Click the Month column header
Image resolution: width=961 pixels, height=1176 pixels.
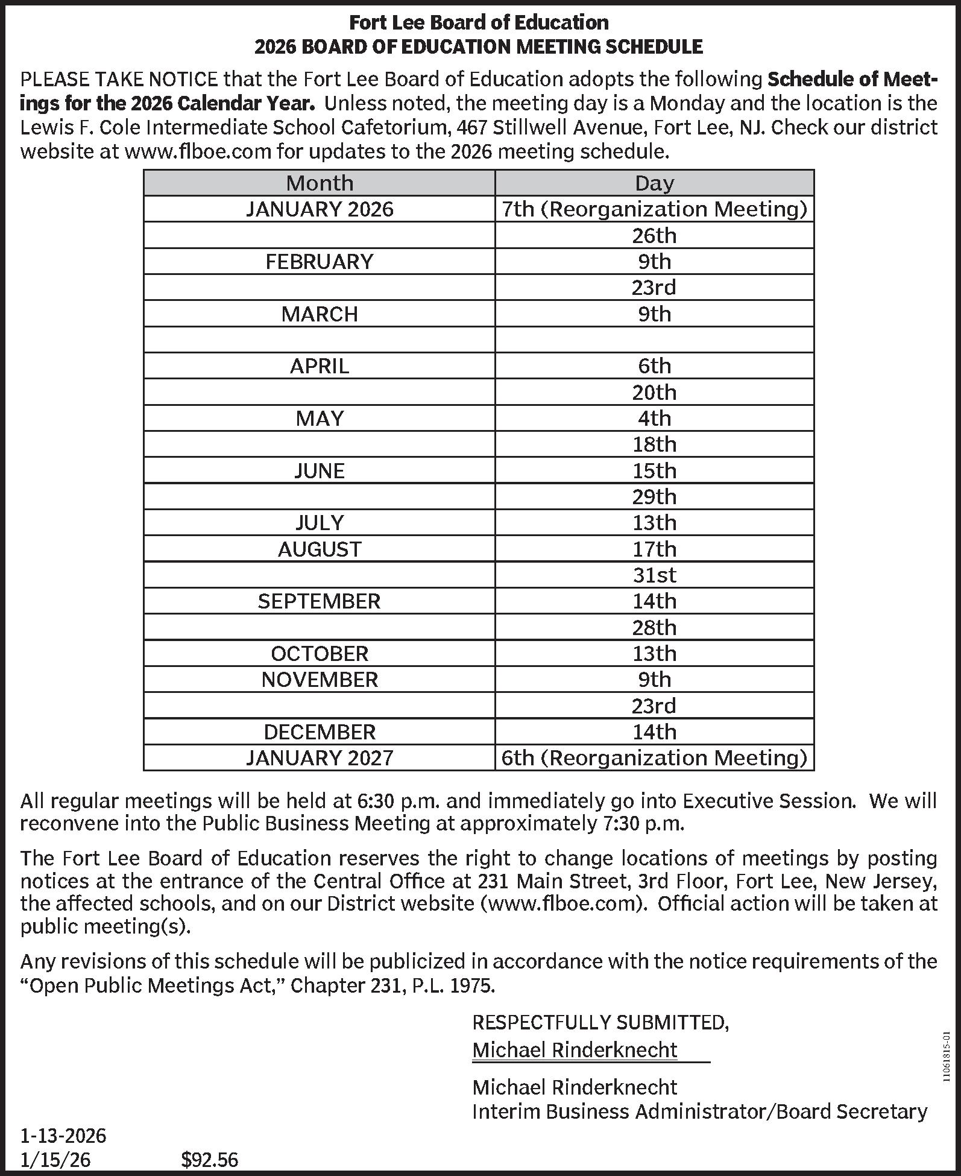[320, 183]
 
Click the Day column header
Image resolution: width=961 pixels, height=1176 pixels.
[654, 183]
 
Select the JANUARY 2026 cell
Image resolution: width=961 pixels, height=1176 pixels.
[320, 209]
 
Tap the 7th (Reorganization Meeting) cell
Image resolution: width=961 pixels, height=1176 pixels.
[654, 209]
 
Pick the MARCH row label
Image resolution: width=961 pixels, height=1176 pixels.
[320, 314]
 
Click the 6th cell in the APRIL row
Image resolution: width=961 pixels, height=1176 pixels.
[654, 366]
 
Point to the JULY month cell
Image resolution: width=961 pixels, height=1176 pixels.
[320, 522]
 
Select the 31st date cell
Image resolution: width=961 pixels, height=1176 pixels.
[654, 575]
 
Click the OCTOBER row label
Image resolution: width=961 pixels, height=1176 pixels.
[320, 653]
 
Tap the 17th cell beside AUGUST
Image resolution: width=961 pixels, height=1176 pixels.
[654, 549]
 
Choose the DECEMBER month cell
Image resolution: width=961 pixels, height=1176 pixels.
[320, 732]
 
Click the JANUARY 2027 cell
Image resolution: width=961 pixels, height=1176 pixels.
[320, 757]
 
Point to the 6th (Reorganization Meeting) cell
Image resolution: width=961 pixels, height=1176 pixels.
[654, 757]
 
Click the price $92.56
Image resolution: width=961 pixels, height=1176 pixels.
[210, 1159]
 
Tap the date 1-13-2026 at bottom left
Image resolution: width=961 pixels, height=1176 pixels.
[63, 1136]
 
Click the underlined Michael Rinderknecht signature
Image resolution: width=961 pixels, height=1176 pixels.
[575, 1050]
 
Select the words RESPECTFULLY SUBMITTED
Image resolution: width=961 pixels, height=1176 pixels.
[600, 1022]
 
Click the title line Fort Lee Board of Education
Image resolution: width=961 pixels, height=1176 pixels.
[479, 23]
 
